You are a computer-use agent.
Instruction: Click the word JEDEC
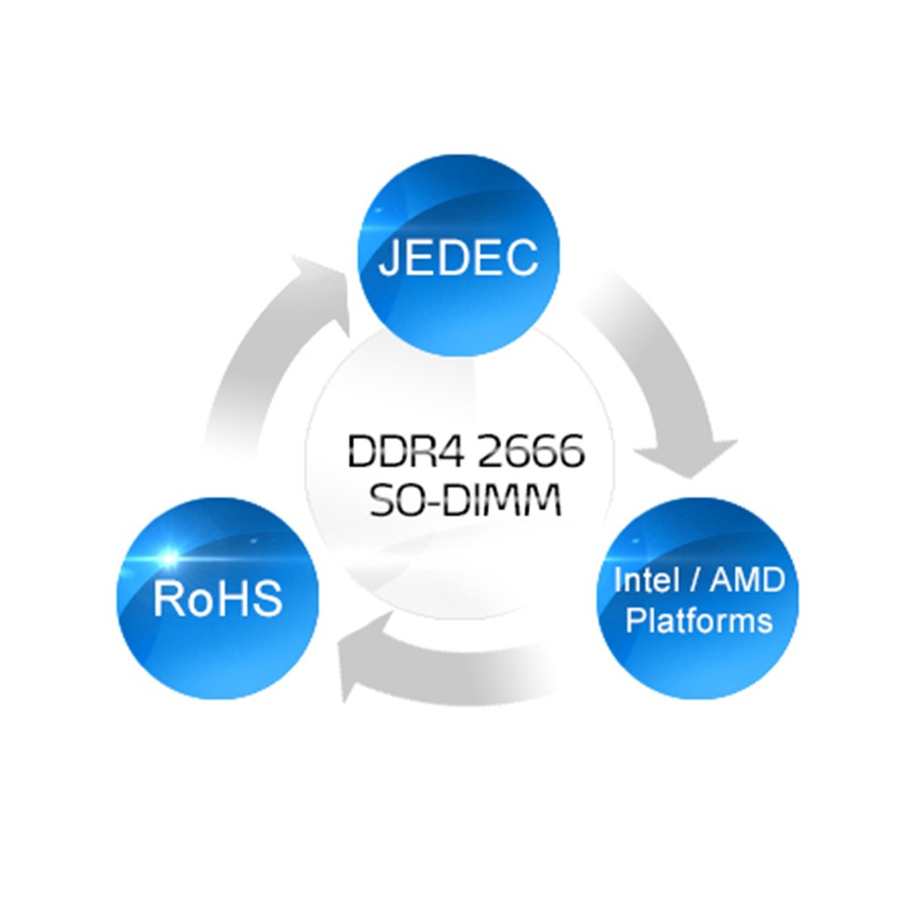(458, 257)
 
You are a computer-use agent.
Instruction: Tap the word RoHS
(217, 599)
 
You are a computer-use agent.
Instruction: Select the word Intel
(645, 580)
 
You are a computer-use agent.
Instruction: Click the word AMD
(746, 580)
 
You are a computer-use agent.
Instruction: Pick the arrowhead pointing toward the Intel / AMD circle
(702, 455)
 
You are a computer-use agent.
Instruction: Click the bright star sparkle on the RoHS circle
(167, 557)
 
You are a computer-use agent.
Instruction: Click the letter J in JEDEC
(388, 257)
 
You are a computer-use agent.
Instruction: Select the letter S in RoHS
(267, 599)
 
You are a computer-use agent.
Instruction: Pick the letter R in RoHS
(167, 599)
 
